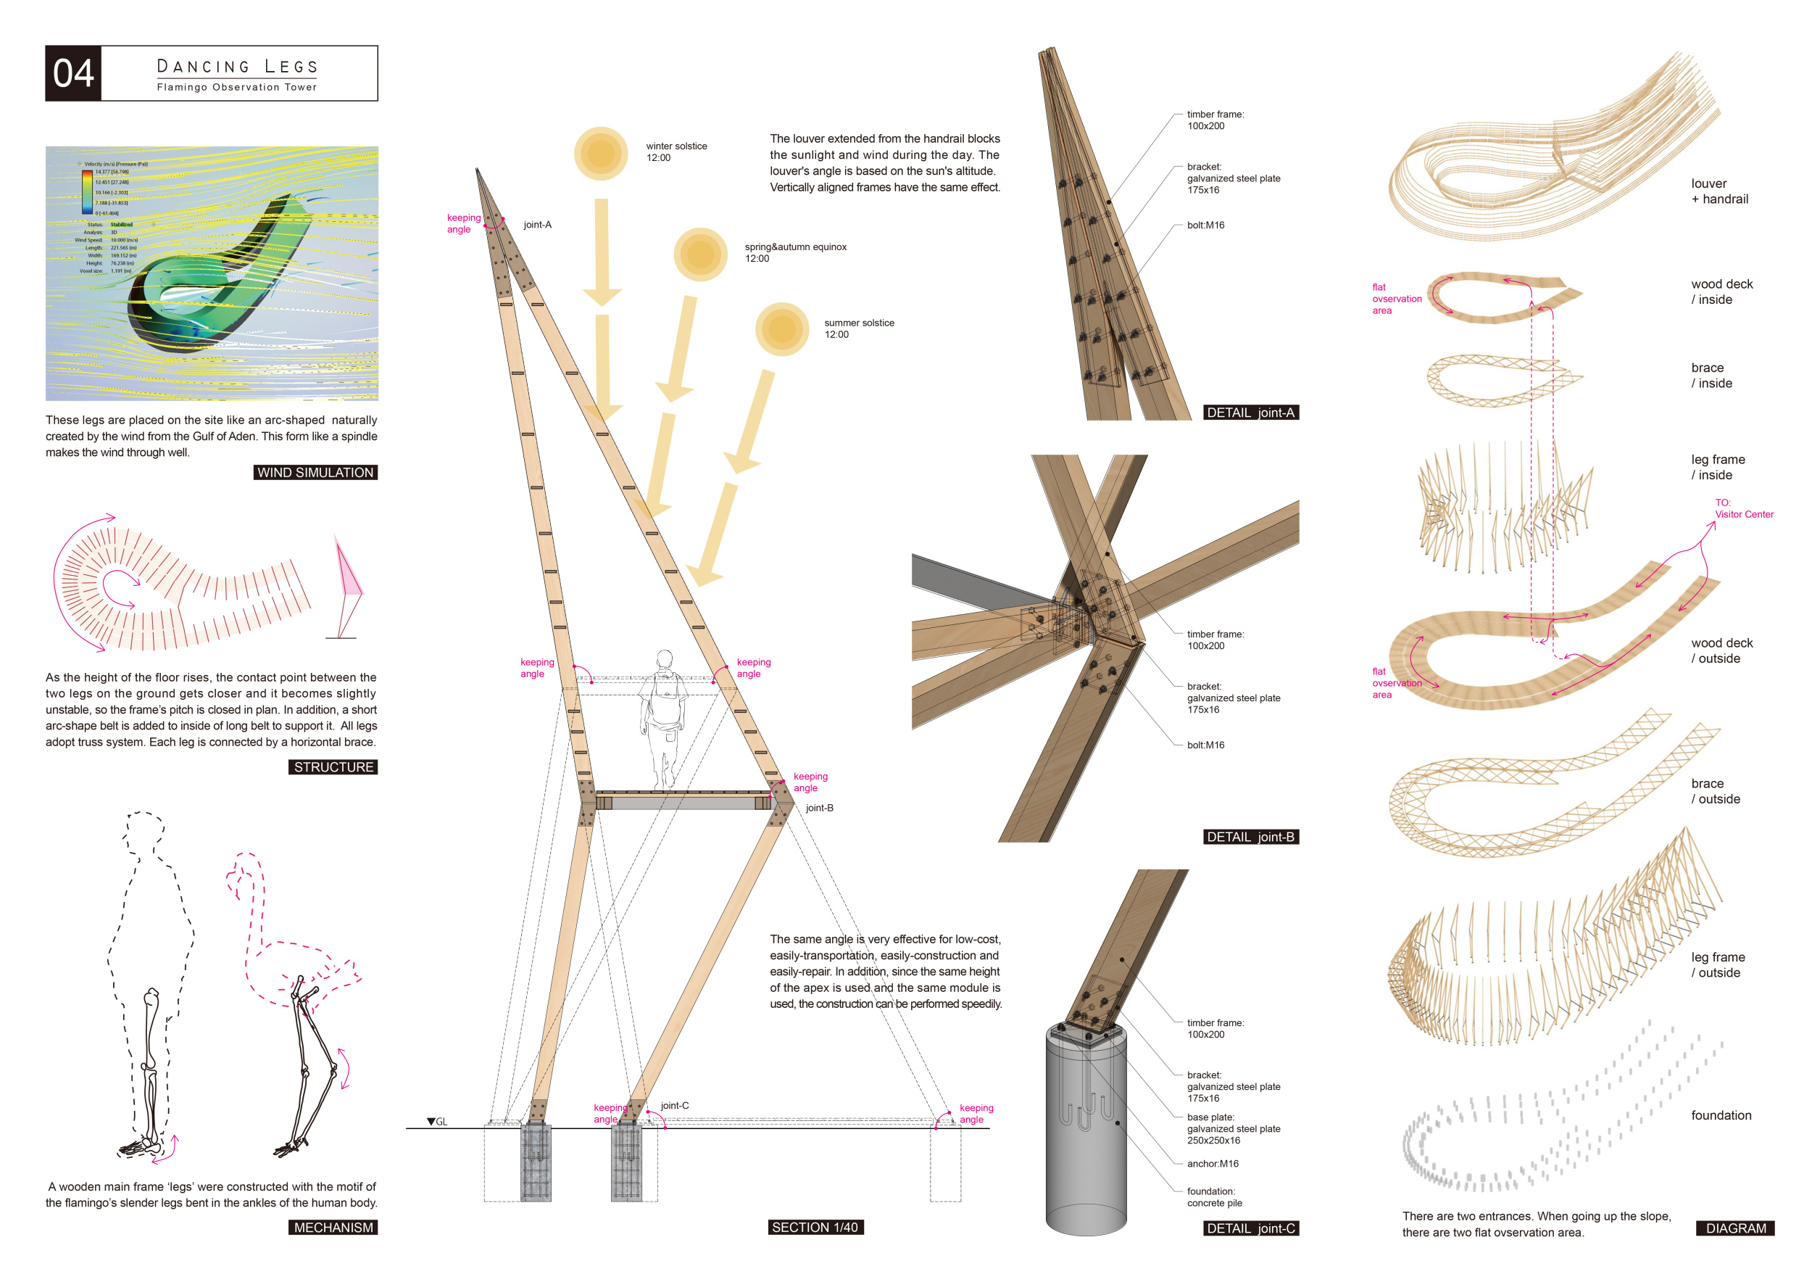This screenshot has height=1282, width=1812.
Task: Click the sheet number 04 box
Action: (73, 73)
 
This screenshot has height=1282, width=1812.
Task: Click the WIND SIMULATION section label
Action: (315, 472)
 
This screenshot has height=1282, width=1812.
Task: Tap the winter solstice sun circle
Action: (601, 153)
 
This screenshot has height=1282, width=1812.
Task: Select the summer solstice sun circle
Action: (781, 329)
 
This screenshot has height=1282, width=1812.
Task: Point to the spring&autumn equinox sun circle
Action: (700, 255)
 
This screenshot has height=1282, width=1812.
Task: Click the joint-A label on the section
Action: (538, 225)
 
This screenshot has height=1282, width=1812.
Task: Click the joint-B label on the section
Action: (819, 808)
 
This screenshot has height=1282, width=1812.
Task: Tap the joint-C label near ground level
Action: (675, 1105)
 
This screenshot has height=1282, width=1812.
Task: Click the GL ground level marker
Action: (436, 1122)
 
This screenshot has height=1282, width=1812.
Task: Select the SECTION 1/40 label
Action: (815, 1227)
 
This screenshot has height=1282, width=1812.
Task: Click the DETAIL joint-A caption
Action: (1250, 412)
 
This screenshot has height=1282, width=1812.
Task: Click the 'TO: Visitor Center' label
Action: (1743, 508)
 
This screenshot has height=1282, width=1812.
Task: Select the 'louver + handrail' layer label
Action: (1719, 191)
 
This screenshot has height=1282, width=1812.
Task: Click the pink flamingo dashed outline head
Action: (245, 869)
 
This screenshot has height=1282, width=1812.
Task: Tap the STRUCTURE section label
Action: (333, 766)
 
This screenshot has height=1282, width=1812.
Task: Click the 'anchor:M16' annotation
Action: (1212, 1164)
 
